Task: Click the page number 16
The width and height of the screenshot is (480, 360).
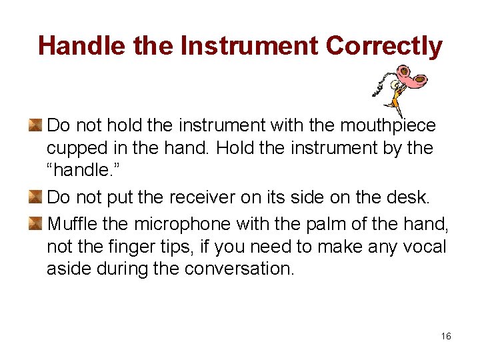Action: pos(446,336)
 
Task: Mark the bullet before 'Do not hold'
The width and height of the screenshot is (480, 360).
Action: pos(35,125)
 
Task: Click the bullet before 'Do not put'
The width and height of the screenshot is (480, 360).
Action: pos(35,197)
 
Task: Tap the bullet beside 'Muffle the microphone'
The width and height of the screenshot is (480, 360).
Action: pos(35,222)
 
